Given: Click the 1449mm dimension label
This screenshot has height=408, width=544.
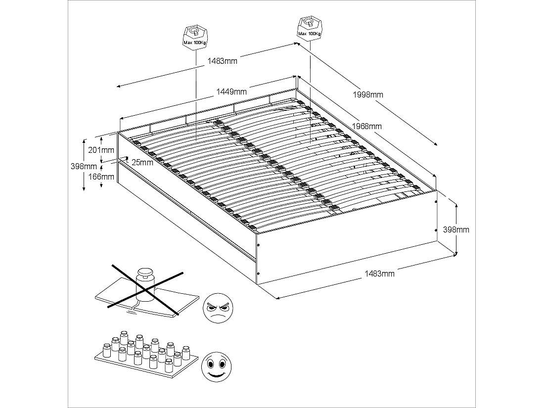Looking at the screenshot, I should tap(231, 91).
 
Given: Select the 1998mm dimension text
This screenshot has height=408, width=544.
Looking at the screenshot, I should tap(367, 94).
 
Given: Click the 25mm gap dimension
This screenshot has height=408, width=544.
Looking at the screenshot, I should tap(142, 163).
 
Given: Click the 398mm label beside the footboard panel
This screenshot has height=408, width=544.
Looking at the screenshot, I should tap(456, 229).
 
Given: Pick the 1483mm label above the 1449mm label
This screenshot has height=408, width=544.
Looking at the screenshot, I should tap(222, 61).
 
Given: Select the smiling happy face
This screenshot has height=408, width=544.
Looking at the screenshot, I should tap(216, 366).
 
